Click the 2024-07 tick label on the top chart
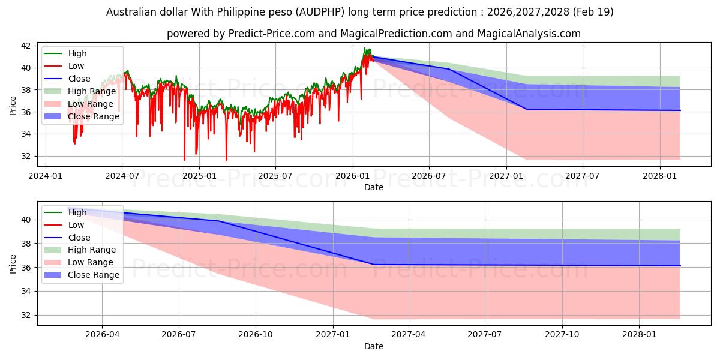coord(122,176)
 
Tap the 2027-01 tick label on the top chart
coord(506,176)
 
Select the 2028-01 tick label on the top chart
coord(660,176)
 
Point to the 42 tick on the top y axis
coord(26,46)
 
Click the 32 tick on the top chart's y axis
coord(26,156)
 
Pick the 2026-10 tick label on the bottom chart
coord(256,335)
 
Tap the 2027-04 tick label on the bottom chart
coord(409,335)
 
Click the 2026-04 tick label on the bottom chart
coord(102,335)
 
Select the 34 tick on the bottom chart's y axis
coord(26,291)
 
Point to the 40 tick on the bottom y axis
coord(26,220)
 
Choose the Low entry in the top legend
coord(76,66)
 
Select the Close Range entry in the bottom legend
coord(94,275)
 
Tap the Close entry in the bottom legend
coord(79,238)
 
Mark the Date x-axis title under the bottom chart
coord(373,346)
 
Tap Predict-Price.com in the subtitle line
coord(272,34)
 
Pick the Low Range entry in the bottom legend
coord(91,262)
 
